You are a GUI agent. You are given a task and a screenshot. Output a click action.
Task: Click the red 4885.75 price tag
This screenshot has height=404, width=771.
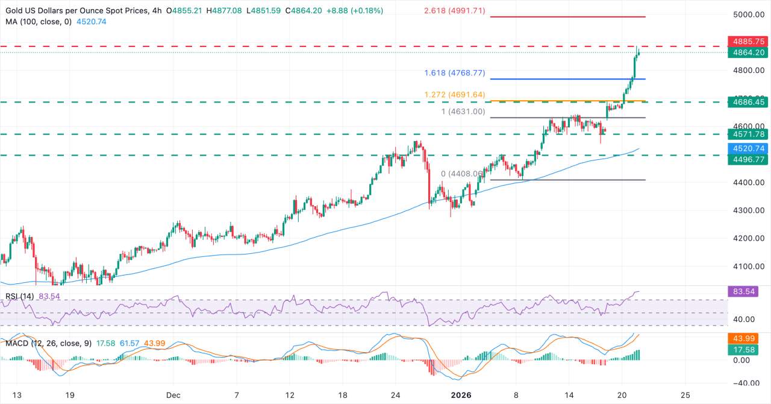(x=748, y=42)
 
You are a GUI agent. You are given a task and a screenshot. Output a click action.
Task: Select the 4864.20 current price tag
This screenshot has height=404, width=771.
(x=748, y=52)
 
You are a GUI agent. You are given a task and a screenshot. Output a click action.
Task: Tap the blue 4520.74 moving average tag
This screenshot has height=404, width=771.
(x=748, y=148)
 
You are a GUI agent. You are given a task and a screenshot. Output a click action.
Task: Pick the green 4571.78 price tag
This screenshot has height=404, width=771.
(x=748, y=134)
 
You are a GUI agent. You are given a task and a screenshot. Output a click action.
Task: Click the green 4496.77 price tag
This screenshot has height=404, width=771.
(x=748, y=160)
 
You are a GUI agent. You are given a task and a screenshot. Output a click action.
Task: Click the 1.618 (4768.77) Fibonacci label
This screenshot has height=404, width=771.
(x=452, y=73)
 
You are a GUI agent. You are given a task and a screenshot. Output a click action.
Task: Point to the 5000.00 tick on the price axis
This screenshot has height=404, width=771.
(x=750, y=15)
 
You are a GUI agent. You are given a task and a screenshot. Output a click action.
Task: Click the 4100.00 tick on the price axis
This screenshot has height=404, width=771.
(x=750, y=267)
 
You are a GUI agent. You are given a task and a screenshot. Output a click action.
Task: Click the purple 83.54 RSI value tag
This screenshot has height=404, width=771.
(x=748, y=292)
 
